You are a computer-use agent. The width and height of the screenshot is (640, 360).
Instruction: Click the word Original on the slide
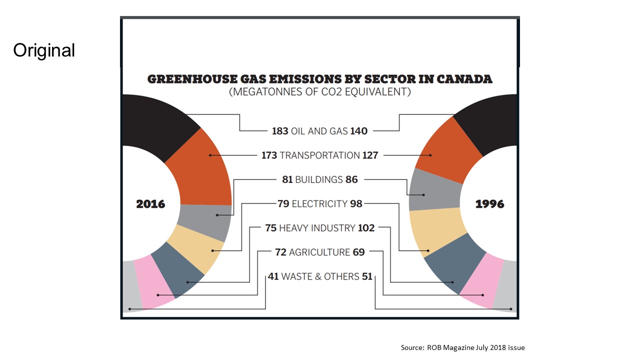[44, 50]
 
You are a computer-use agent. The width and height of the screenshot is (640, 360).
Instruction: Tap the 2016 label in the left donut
[150, 204]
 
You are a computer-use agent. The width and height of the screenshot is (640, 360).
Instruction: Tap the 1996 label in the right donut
[489, 204]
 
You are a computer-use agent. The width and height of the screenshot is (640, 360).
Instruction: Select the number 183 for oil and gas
[280, 131]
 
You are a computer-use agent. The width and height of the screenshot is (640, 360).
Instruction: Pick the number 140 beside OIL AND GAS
[358, 131]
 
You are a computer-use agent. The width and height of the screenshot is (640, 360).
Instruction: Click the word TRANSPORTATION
[319, 155]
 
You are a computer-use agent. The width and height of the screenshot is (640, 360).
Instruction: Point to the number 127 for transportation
[370, 155]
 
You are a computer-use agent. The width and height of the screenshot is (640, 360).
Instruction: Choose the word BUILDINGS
[319, 179]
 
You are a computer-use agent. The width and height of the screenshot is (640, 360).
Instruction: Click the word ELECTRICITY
[319, 203]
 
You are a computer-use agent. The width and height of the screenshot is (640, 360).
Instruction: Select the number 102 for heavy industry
[366, 228]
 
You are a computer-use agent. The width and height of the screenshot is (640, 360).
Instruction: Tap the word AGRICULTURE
[319, 252]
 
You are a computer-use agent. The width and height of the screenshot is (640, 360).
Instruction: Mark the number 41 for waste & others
[272, 276]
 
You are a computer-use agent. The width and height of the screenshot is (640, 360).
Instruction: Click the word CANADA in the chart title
[464, 79]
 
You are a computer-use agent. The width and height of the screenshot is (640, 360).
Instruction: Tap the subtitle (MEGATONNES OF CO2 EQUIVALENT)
[319, 92]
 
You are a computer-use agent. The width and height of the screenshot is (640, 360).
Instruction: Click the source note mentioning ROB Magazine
[462, 347]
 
